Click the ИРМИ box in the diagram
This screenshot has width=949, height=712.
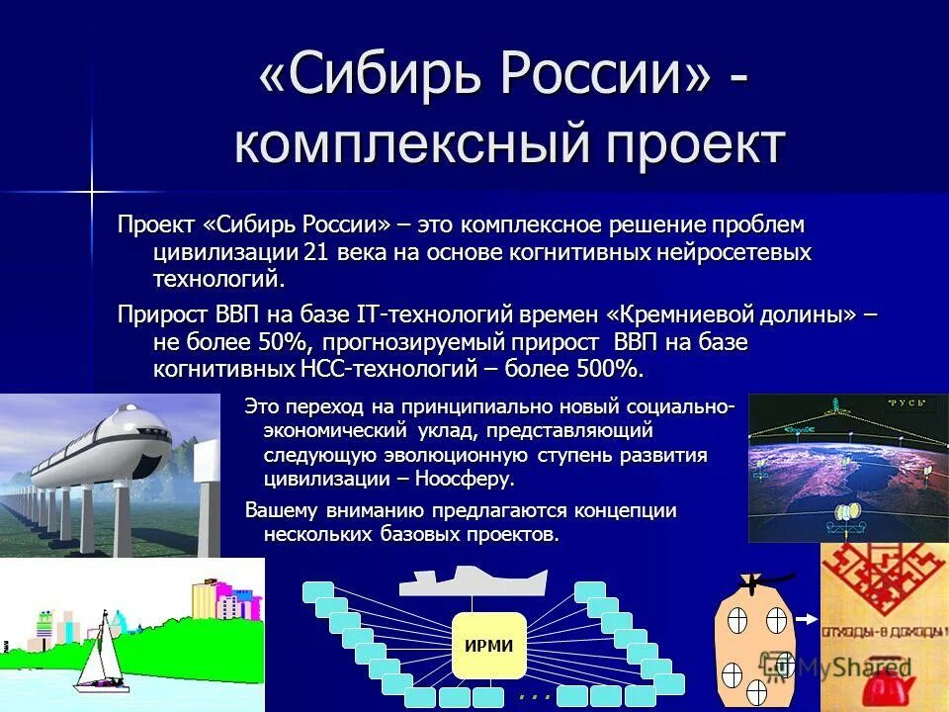[x=488, y=646]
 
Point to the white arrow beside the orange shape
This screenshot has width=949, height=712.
[x=805, y=619]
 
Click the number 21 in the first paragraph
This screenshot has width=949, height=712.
[x=316, y=253]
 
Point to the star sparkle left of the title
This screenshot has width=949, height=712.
[x=91, y=188]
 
